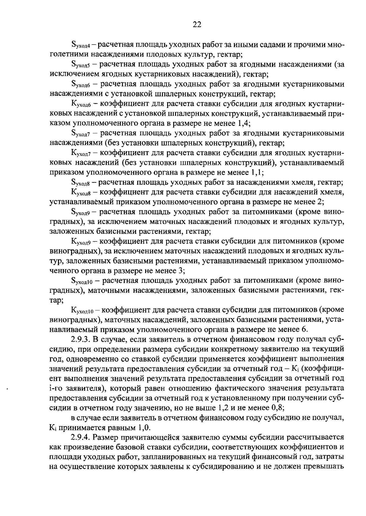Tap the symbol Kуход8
tap(81, 193)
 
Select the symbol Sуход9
tap(80, 212)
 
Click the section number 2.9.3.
tap(80, 339)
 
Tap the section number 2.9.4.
tap(80, 438)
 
